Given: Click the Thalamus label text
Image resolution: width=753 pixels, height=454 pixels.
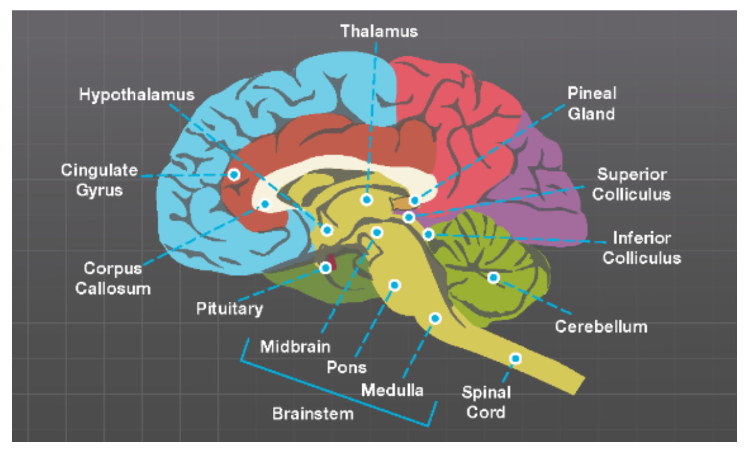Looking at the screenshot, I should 379,31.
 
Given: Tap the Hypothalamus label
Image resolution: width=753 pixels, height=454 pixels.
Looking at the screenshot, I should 136,94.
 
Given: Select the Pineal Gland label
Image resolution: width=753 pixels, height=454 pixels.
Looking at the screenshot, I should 591,103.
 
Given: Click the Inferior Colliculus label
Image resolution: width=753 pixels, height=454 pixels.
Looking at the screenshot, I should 642,247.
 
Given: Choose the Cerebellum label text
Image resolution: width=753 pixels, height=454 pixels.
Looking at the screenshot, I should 601,326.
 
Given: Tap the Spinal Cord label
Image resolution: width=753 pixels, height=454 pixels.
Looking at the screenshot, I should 486,402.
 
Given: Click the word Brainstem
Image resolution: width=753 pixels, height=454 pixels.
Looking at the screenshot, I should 313,413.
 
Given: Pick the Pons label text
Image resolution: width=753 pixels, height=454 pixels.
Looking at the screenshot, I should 346,367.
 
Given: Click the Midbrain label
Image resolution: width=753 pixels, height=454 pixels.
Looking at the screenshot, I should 295,346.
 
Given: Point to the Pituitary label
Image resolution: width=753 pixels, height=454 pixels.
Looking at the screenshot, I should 230,308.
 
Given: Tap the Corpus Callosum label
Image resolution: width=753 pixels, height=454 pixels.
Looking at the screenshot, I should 113,278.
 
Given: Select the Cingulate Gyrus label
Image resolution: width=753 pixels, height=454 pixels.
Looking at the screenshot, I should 99,180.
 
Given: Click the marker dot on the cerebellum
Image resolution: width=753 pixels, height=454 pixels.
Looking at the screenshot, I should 493,278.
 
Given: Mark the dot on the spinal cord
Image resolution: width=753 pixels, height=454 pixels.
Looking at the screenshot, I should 515,359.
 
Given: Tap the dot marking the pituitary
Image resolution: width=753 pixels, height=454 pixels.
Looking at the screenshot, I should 326,267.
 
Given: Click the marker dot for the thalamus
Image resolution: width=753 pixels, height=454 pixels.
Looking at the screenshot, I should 367,200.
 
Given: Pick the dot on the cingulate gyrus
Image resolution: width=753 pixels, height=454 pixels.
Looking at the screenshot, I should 234,175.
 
